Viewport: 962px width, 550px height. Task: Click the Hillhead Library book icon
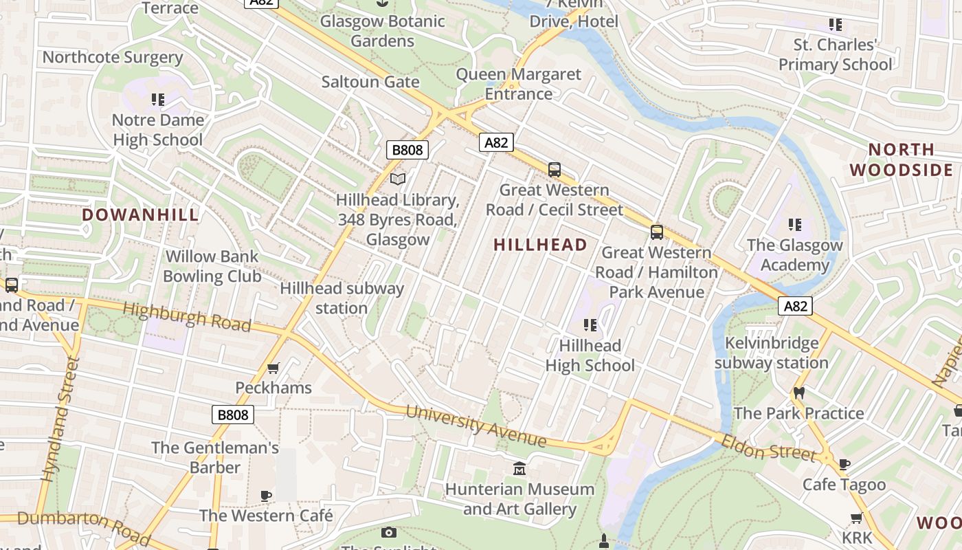[x=398, y=179]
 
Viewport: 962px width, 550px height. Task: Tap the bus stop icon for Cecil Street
[x=555, y=169]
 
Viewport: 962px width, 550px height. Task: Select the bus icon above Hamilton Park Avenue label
[x=657, y=232]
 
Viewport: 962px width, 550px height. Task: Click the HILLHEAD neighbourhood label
[x=540, y=245]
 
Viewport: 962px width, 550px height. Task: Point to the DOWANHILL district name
[x=140, y=214]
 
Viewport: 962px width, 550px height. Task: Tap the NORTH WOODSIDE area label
[x=901, y=159]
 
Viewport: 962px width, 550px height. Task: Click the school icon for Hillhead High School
[x=590, y=324]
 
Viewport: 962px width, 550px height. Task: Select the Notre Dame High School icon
[x=158, y=100]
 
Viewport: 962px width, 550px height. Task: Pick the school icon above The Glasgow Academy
[x=795, y=224]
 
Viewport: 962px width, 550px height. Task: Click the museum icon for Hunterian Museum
[x=519, y=469]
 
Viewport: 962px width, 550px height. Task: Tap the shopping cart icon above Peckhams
[x=273, y=368]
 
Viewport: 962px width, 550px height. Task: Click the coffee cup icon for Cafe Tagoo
[x=844, y=464]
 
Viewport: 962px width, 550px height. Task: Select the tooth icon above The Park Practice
[x=798, y=393]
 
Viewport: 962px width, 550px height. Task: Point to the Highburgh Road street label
[x=186, y=317]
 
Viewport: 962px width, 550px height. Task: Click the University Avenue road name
[x=476, y=425]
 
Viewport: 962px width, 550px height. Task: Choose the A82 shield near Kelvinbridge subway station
[x=795, y=306]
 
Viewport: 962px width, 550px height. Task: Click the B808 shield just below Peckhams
[x=232, y=415]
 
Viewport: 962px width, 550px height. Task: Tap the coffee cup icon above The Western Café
[x=266, y=495]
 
